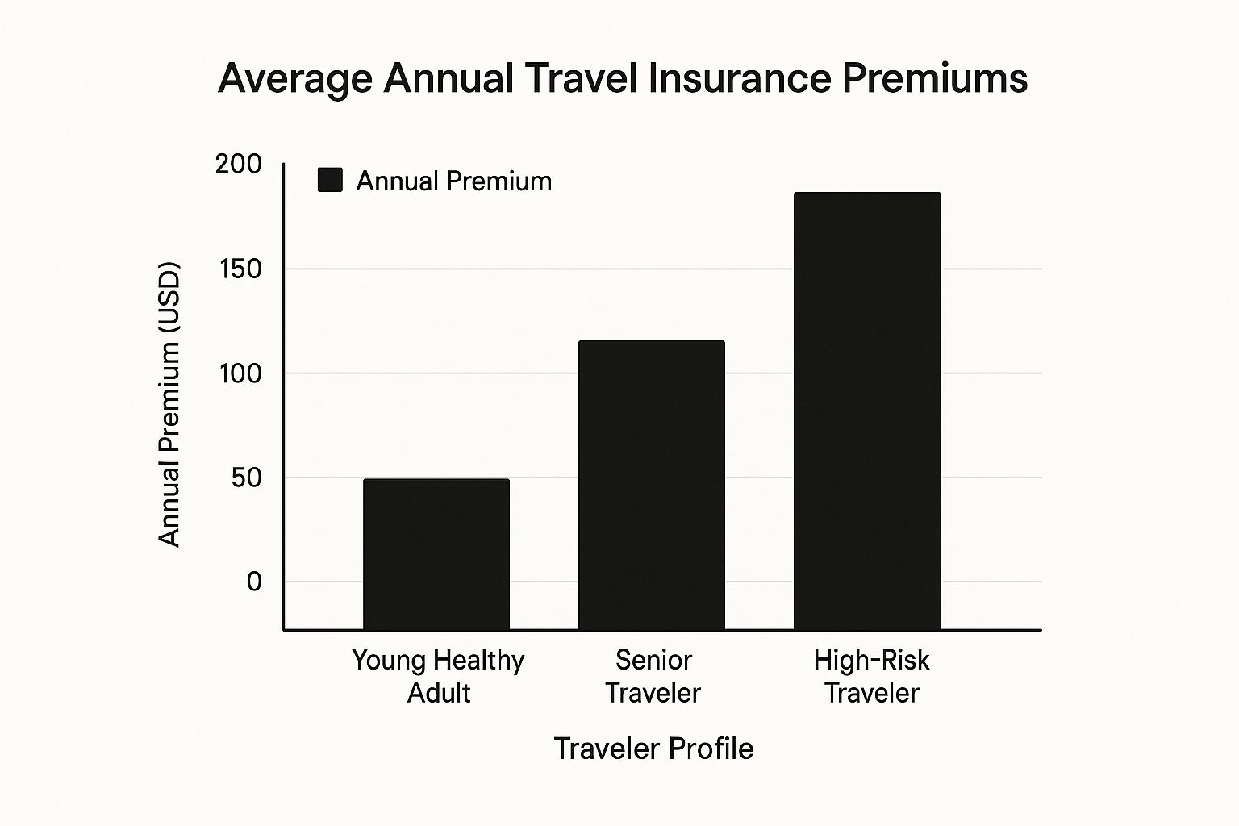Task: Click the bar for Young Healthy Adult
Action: pyautogui.click(x=436, y=554)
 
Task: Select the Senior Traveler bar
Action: pyautogui.click(x=652, y=485)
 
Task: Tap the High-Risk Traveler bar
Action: pyautogui.click(x=867, y=411)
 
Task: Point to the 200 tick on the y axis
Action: pyautogui.click(x=239, y=164)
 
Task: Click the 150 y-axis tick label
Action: pyautogui.click(x=240, y=269)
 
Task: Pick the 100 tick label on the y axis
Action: pyautogui.click(x=240, y=373)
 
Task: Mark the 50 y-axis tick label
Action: pyautogui.click(x=246, y=478)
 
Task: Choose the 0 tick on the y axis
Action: pyautogui.click(x=254, y=582)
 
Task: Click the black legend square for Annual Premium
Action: pyautogui.click(x=331, y=180)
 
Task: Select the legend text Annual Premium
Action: pyautogui.click(x=454, y=181)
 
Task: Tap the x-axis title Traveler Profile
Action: pyautogui.click(x=653, y=749)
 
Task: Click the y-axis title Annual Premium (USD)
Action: pyautogui.click(x=169, y=405)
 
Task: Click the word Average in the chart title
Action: pyautogui.click(x=295, y=79)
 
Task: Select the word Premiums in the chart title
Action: pyautogui.click(x=935, y=79)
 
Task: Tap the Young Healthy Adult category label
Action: pyautogui.click(x=438, y=676)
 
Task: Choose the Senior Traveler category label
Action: pyautogui.click(x=653, y=676)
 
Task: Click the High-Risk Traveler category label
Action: pyautogui.click(x=871, y=676)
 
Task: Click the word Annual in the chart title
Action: pyautogui.click(x=448, y=79)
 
